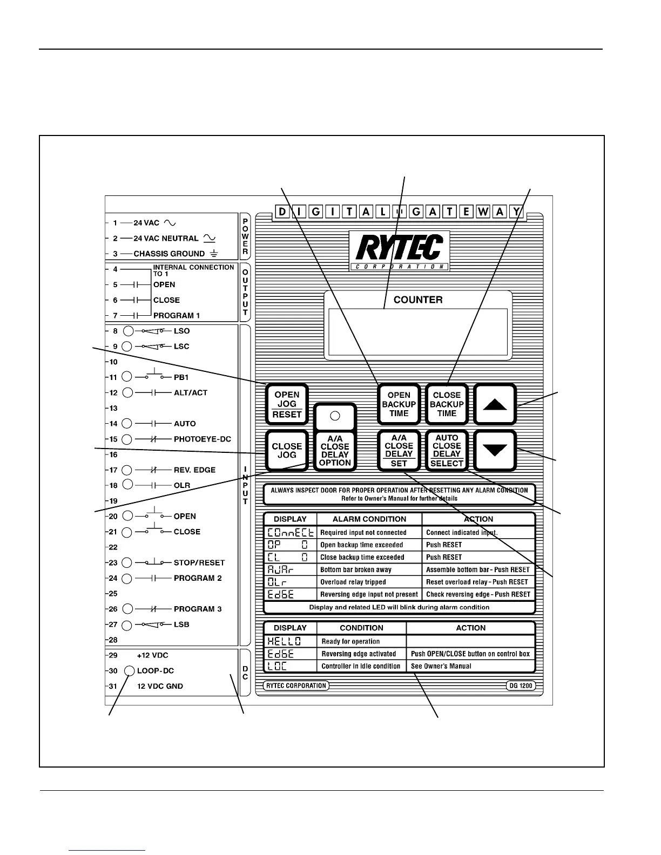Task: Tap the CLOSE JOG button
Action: point(287,451)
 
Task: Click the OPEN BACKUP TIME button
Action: point(399,404)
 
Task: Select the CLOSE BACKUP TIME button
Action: point(447,404)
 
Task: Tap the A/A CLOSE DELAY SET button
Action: point(399,451)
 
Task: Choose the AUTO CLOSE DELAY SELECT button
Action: point(447,451)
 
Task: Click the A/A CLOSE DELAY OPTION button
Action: point(335,451)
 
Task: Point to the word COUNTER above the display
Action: point(418,300)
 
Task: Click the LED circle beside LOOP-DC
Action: point(130,671)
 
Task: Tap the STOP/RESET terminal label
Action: point(199,562)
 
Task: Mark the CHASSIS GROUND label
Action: point(169,254)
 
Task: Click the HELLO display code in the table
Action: point(284,641)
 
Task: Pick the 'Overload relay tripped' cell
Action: point(353,582)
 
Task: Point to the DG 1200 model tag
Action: point(520,686)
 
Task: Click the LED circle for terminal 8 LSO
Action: point(128,331)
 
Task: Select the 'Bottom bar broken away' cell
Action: point(356,569)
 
